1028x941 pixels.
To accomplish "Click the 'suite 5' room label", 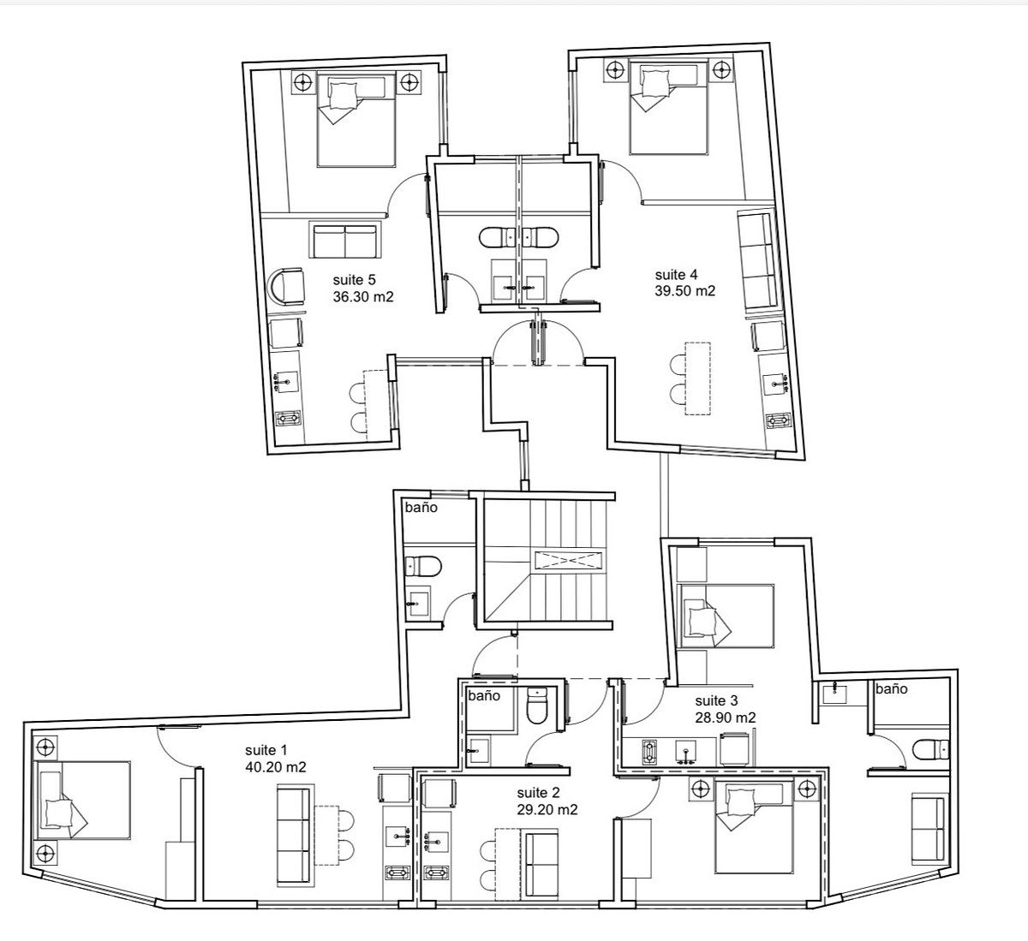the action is point(354,280).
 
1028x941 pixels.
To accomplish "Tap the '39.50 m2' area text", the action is point(684,291).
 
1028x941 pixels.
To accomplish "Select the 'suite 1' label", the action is point(266,750).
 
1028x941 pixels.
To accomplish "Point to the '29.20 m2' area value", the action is point(547,810).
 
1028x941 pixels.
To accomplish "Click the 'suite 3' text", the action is point(716,700).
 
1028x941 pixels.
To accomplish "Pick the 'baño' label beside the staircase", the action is point(421,508).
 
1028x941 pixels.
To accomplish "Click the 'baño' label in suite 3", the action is point(891,689).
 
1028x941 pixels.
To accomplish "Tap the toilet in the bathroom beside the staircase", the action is point(423,567).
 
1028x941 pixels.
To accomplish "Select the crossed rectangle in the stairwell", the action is point(568,560).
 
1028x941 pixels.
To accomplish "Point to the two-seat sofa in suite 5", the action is point(345,241).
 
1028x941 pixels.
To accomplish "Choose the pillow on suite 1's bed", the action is point(59,813).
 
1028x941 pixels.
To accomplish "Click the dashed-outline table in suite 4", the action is point(698,378).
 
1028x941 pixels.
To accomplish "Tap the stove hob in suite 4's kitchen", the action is point(778,420).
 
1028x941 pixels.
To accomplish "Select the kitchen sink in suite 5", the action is point(285,382).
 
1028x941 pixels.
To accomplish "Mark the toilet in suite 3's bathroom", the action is point(930,749).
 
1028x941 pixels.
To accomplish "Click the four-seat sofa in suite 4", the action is point(757,261).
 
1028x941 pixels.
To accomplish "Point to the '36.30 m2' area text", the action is point(363,297).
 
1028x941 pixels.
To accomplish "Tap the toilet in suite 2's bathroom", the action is point(537,706).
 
